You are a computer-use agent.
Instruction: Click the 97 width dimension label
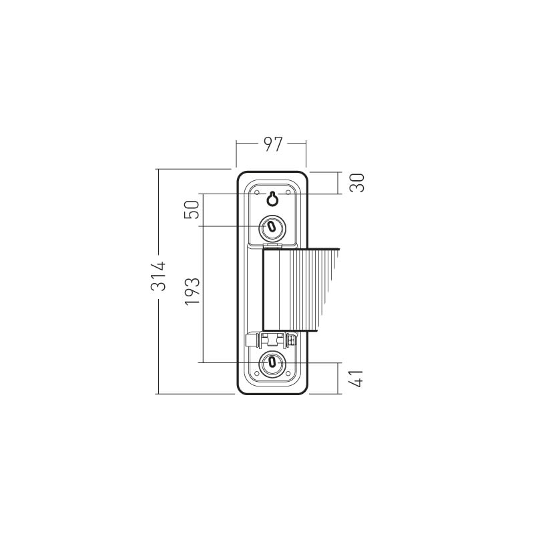(x=273, y=144)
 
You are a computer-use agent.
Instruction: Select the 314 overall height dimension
(x=158, y=276)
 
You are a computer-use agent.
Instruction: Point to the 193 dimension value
(x=192, y=291)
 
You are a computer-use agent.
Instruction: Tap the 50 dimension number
(x=192, y=210)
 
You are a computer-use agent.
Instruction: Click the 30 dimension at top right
(x=357, y=183)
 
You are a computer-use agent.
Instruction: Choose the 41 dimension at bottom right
(x=356, y=378)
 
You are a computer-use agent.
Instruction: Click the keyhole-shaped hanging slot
(x=272, y=198)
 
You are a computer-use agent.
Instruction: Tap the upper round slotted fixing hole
(x=272, y=227)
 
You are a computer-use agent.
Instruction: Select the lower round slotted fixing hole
(x=272, y=362)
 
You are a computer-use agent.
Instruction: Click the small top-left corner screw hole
(x=257, y=193)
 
